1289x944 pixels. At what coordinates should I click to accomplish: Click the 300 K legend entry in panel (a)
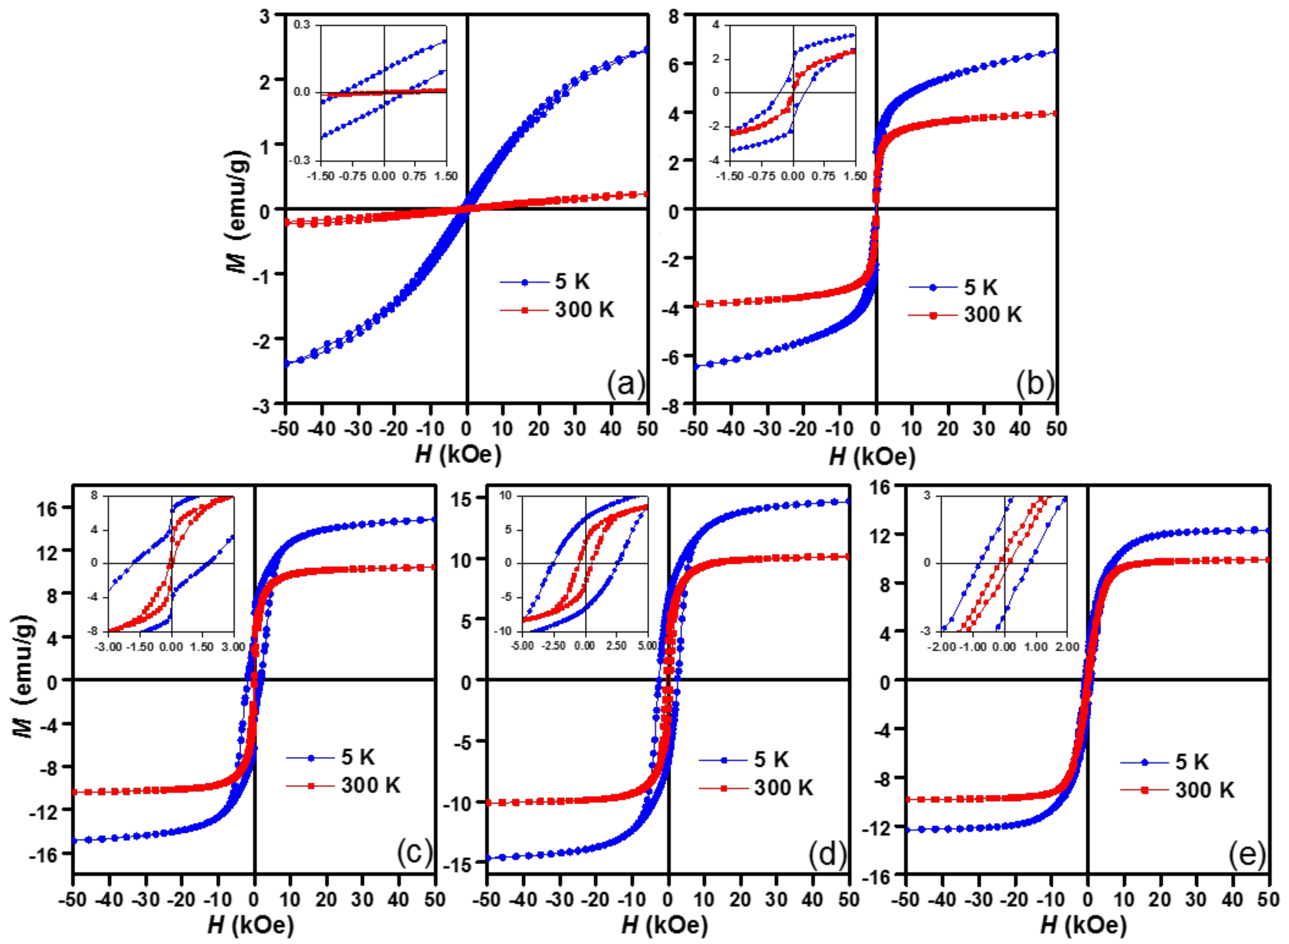click(x=584, y=310)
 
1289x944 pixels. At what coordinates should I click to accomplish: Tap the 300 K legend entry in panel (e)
click(x=1204, y=790)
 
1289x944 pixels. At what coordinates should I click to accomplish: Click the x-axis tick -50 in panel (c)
click(x=73, y=900)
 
